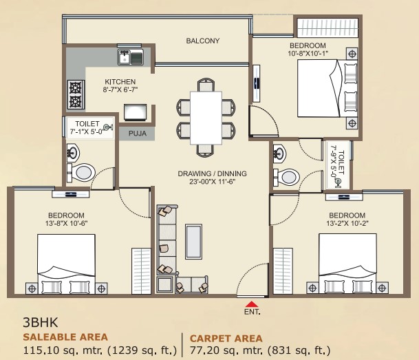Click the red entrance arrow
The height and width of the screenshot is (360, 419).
253,304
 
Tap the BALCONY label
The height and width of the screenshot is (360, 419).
202,41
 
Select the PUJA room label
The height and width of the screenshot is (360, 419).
136,133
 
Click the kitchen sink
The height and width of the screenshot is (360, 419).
129,59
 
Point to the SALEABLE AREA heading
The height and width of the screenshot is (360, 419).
65,337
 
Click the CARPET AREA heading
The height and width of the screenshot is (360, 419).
226,338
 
